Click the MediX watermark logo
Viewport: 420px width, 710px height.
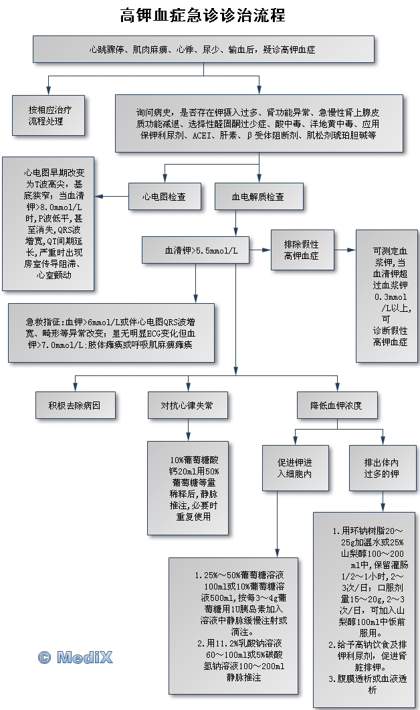tap(75, 657)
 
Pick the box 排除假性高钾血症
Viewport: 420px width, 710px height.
tap(302, 250)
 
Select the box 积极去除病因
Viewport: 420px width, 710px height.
tap(76, 406)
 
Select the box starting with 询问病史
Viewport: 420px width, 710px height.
tap(259, 124)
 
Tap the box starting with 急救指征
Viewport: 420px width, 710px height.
tap(111, 333)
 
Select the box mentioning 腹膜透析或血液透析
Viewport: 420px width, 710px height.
tap(364, 609)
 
